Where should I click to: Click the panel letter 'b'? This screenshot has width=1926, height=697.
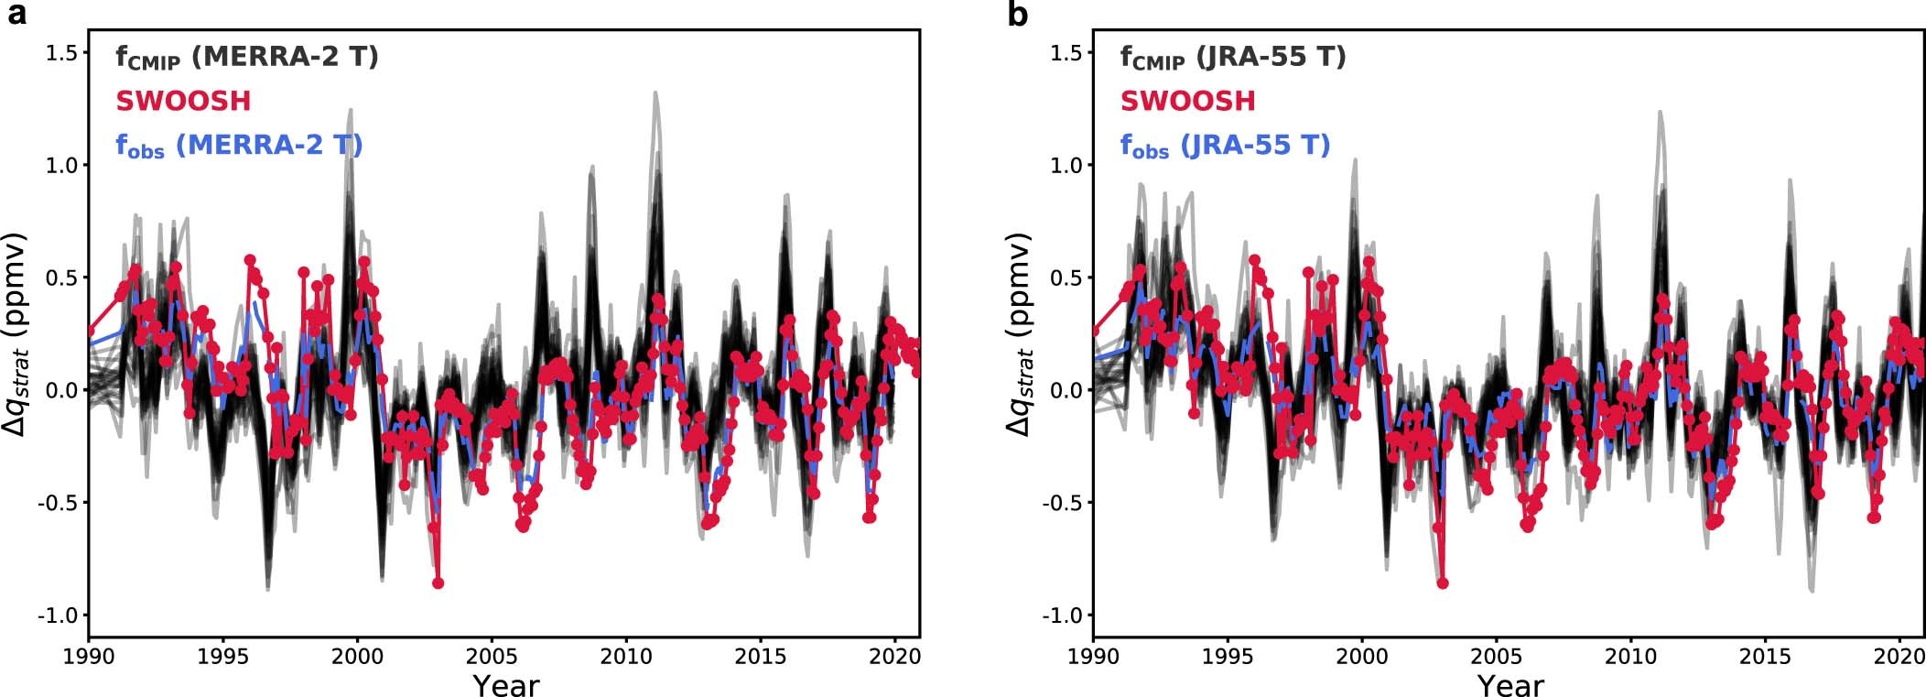point(1018,15)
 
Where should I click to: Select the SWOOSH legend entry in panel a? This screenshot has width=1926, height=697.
point(183,101)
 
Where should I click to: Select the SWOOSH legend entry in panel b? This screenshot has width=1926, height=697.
point(1187,101)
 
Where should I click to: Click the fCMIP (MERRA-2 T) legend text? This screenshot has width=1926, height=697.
point(246,58)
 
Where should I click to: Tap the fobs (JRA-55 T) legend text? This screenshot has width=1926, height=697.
point(1225,146)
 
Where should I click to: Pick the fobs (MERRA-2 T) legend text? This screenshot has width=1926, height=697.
point(239,146)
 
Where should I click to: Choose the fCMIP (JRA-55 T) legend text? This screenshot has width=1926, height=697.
point(1232,58)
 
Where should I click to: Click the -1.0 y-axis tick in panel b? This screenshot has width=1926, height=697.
point(1063,615)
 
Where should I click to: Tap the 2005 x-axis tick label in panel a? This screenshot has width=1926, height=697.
point(492,657)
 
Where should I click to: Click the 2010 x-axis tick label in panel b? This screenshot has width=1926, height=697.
point(1630,657)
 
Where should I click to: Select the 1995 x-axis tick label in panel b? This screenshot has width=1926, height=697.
point(1227,657)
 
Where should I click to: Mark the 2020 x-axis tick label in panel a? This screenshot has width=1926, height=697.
point(894,657)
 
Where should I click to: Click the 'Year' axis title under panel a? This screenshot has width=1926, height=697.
point(505,685)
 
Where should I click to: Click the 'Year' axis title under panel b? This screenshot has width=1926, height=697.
point(1510,685)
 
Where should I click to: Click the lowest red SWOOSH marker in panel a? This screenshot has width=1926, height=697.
point(438,583)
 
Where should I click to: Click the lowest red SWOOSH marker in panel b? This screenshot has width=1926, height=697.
point(1443,583)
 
